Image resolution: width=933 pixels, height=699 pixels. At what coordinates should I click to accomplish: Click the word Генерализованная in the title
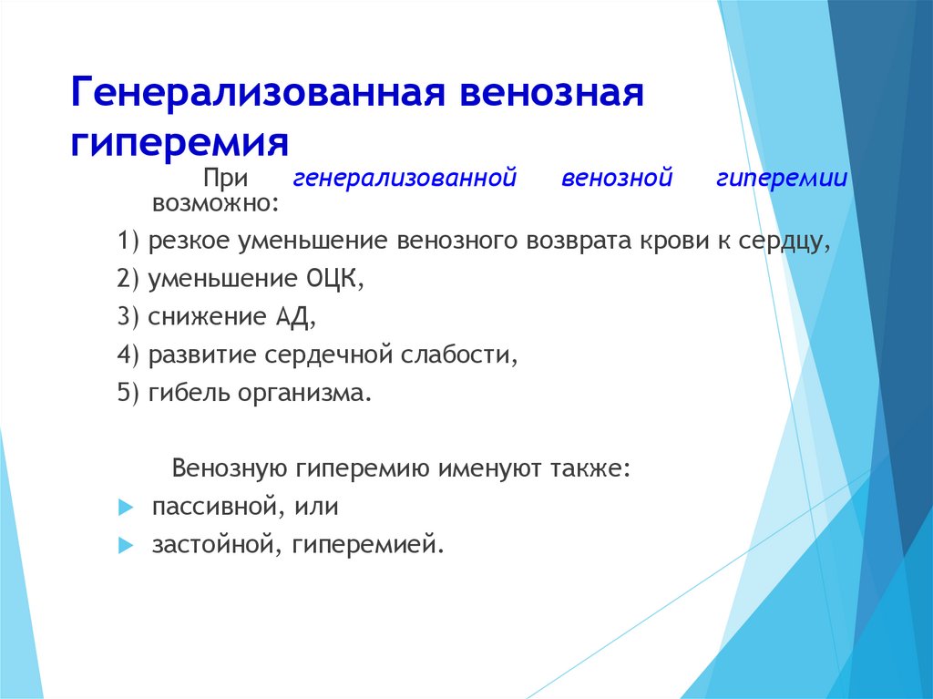click(258, 92)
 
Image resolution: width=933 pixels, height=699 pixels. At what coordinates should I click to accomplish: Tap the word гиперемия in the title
click(179, 143)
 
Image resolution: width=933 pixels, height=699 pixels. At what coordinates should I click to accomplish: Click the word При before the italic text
click(226, 178)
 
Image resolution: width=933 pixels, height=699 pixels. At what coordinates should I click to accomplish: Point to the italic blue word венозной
click(617, 178)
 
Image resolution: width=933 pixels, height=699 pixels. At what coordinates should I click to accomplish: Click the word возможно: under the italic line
click(215, 203)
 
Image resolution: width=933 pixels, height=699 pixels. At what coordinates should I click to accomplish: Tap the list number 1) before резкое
click(128, 241)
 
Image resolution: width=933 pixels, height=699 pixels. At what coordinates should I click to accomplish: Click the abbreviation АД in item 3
click(292, 317)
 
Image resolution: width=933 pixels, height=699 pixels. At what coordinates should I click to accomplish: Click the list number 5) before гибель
click(128, 393)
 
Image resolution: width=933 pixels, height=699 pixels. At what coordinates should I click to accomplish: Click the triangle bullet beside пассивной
click(126, 508)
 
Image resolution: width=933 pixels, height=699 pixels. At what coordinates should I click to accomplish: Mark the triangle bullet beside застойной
click(126, 545)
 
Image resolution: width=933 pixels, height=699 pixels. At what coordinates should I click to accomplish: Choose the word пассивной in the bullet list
click(211, 507)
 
